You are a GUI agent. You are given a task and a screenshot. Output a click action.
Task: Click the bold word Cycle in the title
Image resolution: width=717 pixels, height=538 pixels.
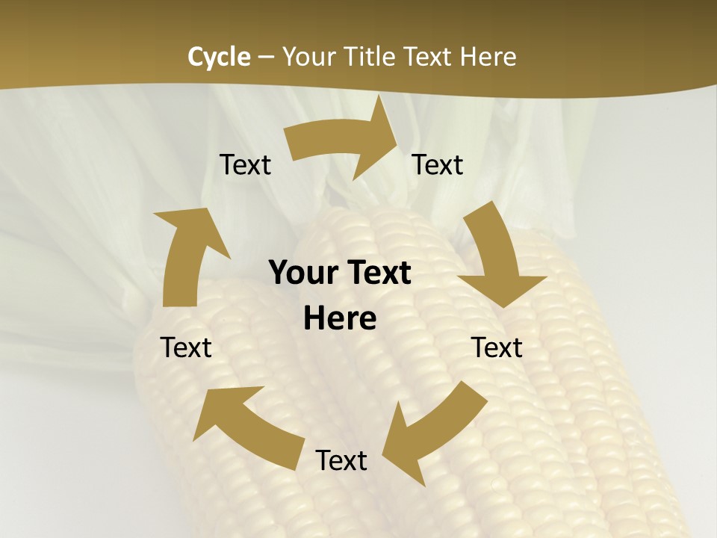click(219, 57)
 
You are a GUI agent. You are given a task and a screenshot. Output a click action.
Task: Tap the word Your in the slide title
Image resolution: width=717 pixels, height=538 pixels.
click(308, 57)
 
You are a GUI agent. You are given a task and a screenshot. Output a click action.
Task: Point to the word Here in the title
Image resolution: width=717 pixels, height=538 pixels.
click(487, 57)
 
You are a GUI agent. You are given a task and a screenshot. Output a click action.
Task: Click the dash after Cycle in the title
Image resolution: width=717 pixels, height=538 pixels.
click(266, 57)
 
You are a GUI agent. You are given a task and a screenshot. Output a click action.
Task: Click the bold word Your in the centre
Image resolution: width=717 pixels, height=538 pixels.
click(302, 273)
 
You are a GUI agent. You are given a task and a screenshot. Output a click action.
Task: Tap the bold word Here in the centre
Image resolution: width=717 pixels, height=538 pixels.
click(340, 319)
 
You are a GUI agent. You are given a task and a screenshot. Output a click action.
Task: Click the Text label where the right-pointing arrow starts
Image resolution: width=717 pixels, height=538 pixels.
click(245, 165)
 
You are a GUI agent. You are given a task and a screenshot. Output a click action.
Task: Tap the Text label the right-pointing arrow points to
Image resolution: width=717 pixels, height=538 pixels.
click(438, 165)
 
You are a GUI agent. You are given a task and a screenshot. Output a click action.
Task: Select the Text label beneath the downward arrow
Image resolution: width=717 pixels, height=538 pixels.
click(497, 347)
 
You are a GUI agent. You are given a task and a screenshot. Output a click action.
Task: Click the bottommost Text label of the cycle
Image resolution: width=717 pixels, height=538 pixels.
click(341, 461)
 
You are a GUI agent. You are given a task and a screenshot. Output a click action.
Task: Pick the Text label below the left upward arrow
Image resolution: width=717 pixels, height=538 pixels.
click(186, 347)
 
